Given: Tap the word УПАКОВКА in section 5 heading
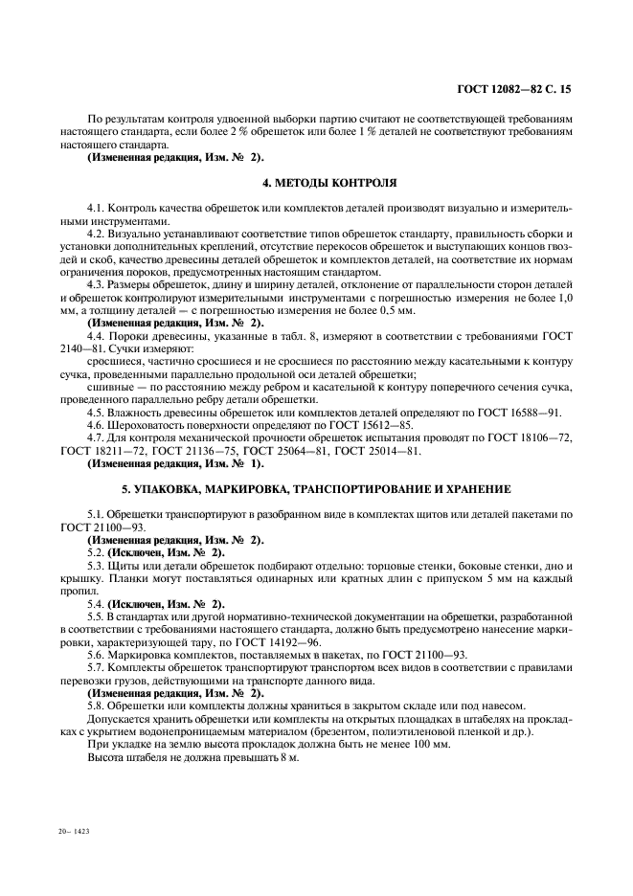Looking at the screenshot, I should (x=187, y=488).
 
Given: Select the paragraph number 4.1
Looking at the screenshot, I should (x=96, y=207).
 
